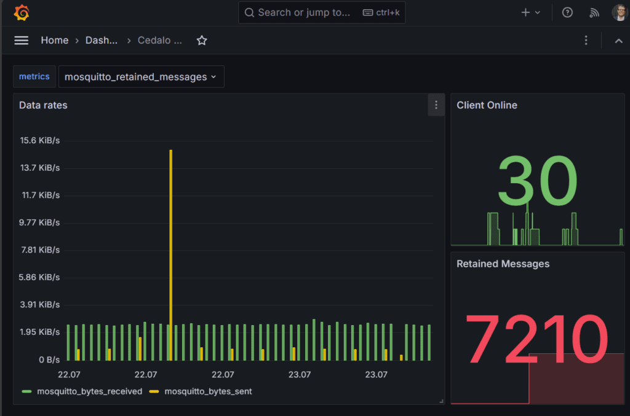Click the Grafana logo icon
(x=22, y=12)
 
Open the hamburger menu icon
(x=22, y=41)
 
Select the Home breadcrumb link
(x=54, y=41)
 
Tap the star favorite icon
(x=202, y=41)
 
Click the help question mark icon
(x=567, y=12)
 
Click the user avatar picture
(x=619, y=12)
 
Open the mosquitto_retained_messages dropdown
(x=141, y=77)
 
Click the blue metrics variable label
(x=34, y=77)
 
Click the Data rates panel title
(x=43, y=105)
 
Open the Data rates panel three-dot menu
(x=436, y=105)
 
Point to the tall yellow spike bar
(x=170, y=246)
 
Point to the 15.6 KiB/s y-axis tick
(x=40, y=141)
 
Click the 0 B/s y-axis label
(x=49, y=359)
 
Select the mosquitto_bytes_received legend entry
(x=89, y=391)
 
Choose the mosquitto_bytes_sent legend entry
(x=208, y=391)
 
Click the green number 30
(x=537, y=181)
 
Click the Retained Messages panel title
(x=503, y=264)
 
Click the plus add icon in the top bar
(x=526, y=12)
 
